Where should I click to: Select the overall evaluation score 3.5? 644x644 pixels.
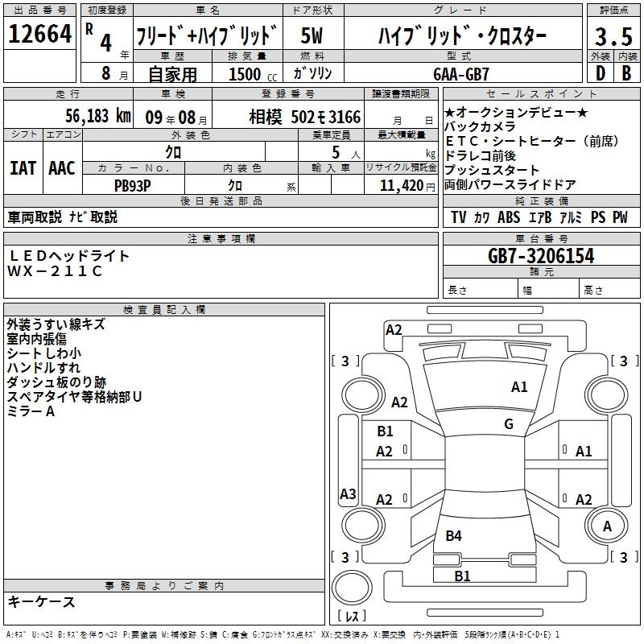tap(613, 36)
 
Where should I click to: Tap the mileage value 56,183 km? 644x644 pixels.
tap(89, 116)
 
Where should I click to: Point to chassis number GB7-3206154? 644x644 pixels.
tap(541, 257)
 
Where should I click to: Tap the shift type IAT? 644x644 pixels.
tap(23, 168)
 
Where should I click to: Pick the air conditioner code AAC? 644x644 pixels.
tap(62, 168)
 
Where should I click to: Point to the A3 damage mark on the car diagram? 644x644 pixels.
tap(348, 494)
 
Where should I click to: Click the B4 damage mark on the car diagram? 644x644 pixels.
tap(454, 535)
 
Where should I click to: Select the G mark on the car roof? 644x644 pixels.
tap(508, 424)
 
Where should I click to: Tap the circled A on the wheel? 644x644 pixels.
tap(607, 526)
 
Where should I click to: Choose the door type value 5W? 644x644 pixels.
tap(313, 35)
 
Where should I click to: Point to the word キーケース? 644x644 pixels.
tap(41, 602)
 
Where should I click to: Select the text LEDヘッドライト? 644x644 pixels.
tap(68, 256)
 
